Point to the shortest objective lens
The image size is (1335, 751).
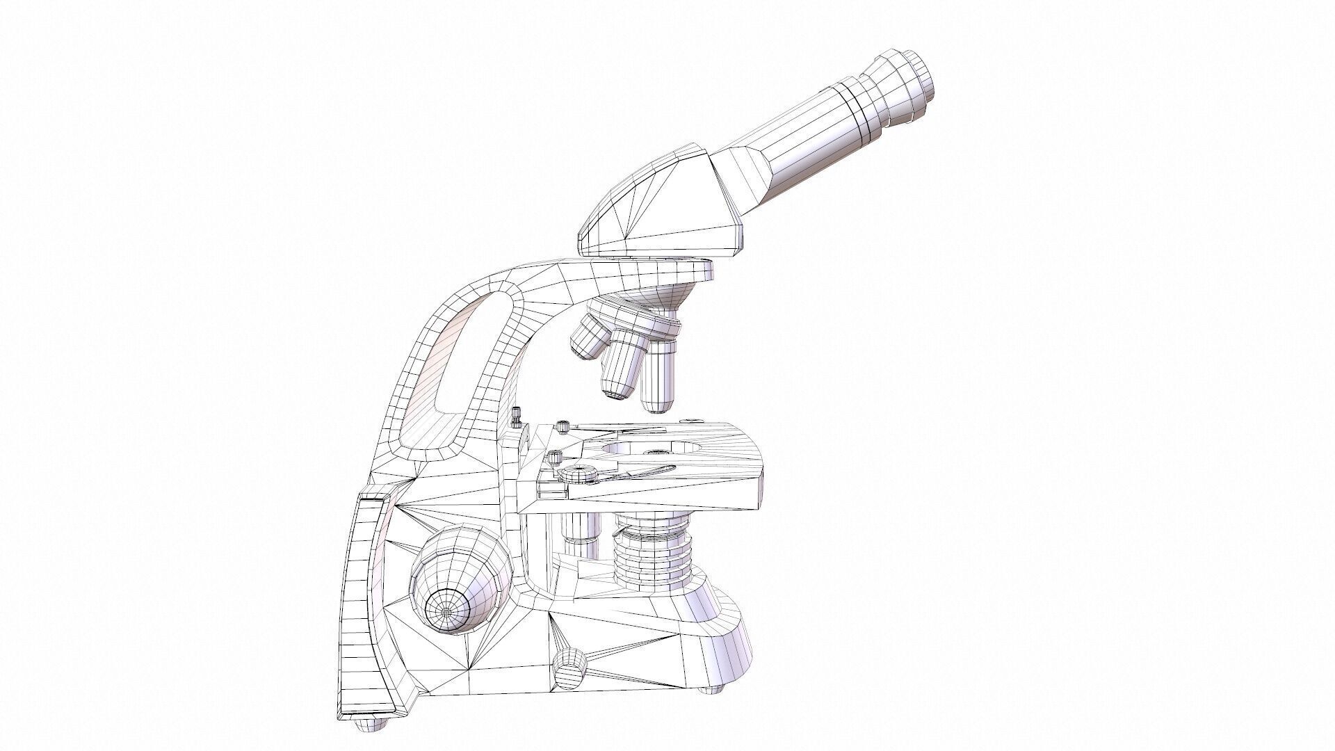(588, 338)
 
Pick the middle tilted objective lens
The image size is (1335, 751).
(621, 369)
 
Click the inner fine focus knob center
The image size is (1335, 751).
(446, 609)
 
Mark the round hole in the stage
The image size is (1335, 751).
(640, 449)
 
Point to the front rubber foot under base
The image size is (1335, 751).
(711, 708)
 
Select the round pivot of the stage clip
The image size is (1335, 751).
(578, 475)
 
